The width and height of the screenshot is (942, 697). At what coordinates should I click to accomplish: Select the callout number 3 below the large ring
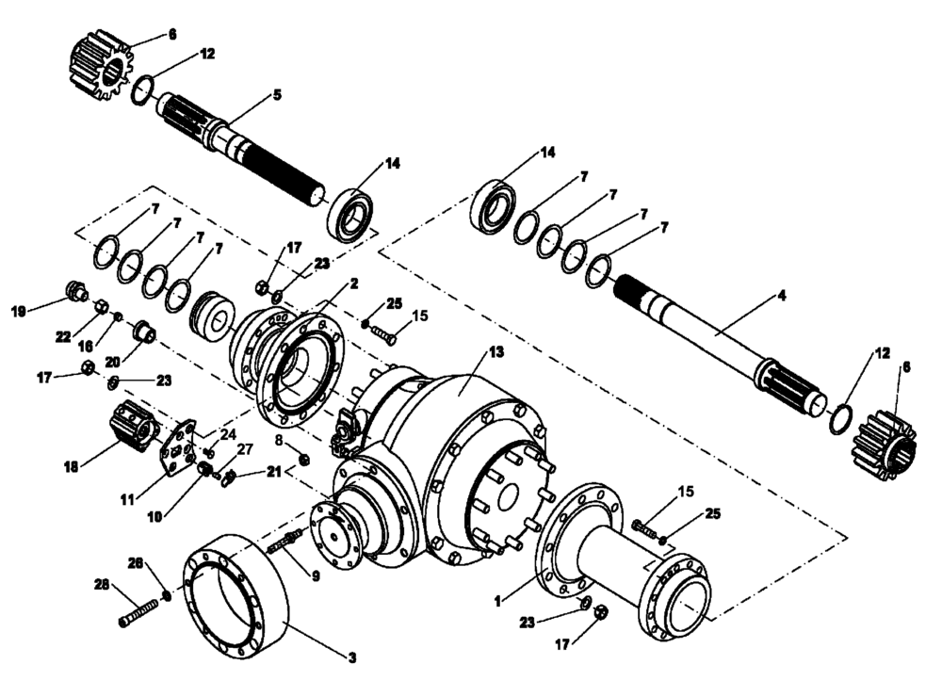tap(352, 656)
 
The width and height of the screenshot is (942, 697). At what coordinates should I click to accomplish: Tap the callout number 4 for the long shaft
tap(781, 296)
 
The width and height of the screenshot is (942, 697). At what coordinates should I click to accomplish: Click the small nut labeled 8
tap(304, 460)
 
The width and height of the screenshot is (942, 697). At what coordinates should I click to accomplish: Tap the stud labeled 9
tap(284, 542)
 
